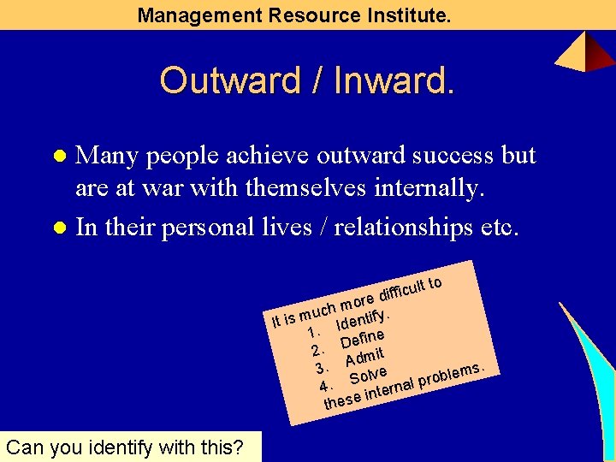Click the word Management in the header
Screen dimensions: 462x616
click(189, 15)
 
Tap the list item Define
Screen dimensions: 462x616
click(363, 338)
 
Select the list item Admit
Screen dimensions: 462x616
click(364, 356)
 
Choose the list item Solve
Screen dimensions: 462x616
click(369, 375)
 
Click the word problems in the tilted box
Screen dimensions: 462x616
click(451, 374)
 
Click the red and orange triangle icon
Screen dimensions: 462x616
click(585, 51)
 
